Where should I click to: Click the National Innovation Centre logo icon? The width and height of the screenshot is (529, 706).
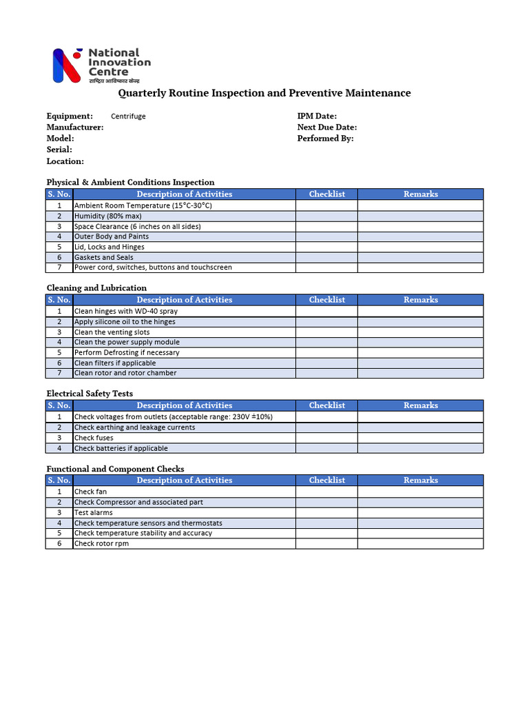click(67, 65)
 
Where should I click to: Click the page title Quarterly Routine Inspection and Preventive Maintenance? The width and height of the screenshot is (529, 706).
click(264, 93)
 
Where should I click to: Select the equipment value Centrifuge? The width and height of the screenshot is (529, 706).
click(128, 117)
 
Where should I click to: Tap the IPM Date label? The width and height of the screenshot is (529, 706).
click(317, 117)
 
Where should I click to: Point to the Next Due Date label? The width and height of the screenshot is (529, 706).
click(326, 128)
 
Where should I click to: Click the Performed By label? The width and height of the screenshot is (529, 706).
click(325, 139)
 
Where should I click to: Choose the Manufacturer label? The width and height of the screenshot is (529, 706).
click(75, 128)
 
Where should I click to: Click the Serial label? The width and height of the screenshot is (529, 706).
click(59, 150)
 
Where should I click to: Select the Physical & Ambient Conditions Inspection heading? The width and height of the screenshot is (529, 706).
click(130, 183)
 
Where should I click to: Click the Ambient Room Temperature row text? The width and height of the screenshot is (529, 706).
click(143, 205)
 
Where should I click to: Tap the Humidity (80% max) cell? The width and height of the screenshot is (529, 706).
click(107, 216)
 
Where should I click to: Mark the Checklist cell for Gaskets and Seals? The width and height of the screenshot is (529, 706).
click(326, 257)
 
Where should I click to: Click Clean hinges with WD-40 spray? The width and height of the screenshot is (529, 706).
click(125, 312)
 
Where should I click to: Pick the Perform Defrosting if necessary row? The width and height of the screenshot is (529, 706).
click(126, 353)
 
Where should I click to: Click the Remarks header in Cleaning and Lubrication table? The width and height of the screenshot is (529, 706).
click(420, 300)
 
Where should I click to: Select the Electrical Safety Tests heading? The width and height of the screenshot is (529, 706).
click(90, 394)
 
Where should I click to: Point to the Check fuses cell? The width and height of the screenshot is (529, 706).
click(94, 438)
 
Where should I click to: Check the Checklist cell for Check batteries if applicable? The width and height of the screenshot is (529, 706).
click(326, 448)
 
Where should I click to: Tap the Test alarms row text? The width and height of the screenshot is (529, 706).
click(93, 513)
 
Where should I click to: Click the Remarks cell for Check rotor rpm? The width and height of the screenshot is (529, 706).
click(420, 544)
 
